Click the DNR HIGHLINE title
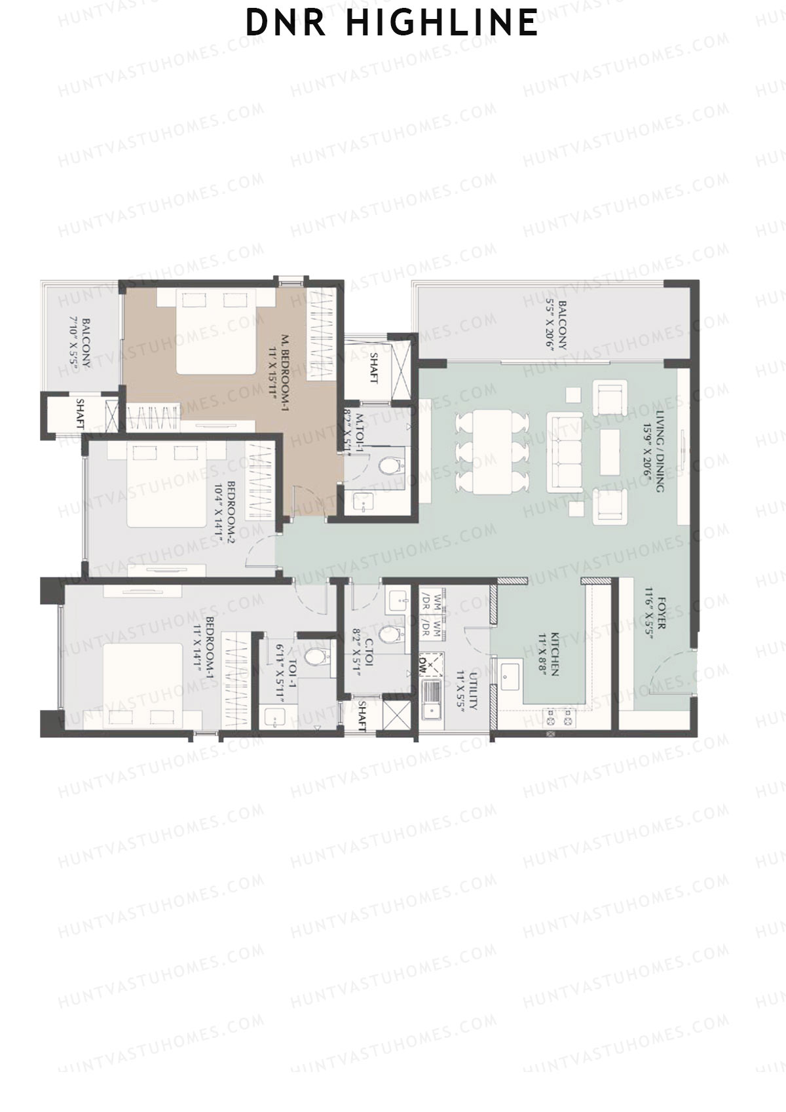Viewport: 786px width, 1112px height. click(392, 23)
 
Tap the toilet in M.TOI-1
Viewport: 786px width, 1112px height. click(391, 466)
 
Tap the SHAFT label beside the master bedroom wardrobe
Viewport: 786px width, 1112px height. click(374, 368)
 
